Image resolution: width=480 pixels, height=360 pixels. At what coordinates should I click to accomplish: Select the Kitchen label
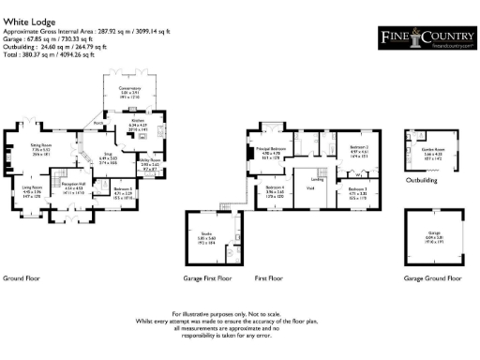(137, 122)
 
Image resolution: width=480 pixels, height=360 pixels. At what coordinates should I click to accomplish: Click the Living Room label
(34, 187)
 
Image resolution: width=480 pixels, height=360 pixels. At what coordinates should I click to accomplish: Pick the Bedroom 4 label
(272, 190)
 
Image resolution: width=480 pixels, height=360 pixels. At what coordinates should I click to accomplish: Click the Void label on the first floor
(309, 188)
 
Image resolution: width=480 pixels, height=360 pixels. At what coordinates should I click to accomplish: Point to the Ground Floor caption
(20, 278)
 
